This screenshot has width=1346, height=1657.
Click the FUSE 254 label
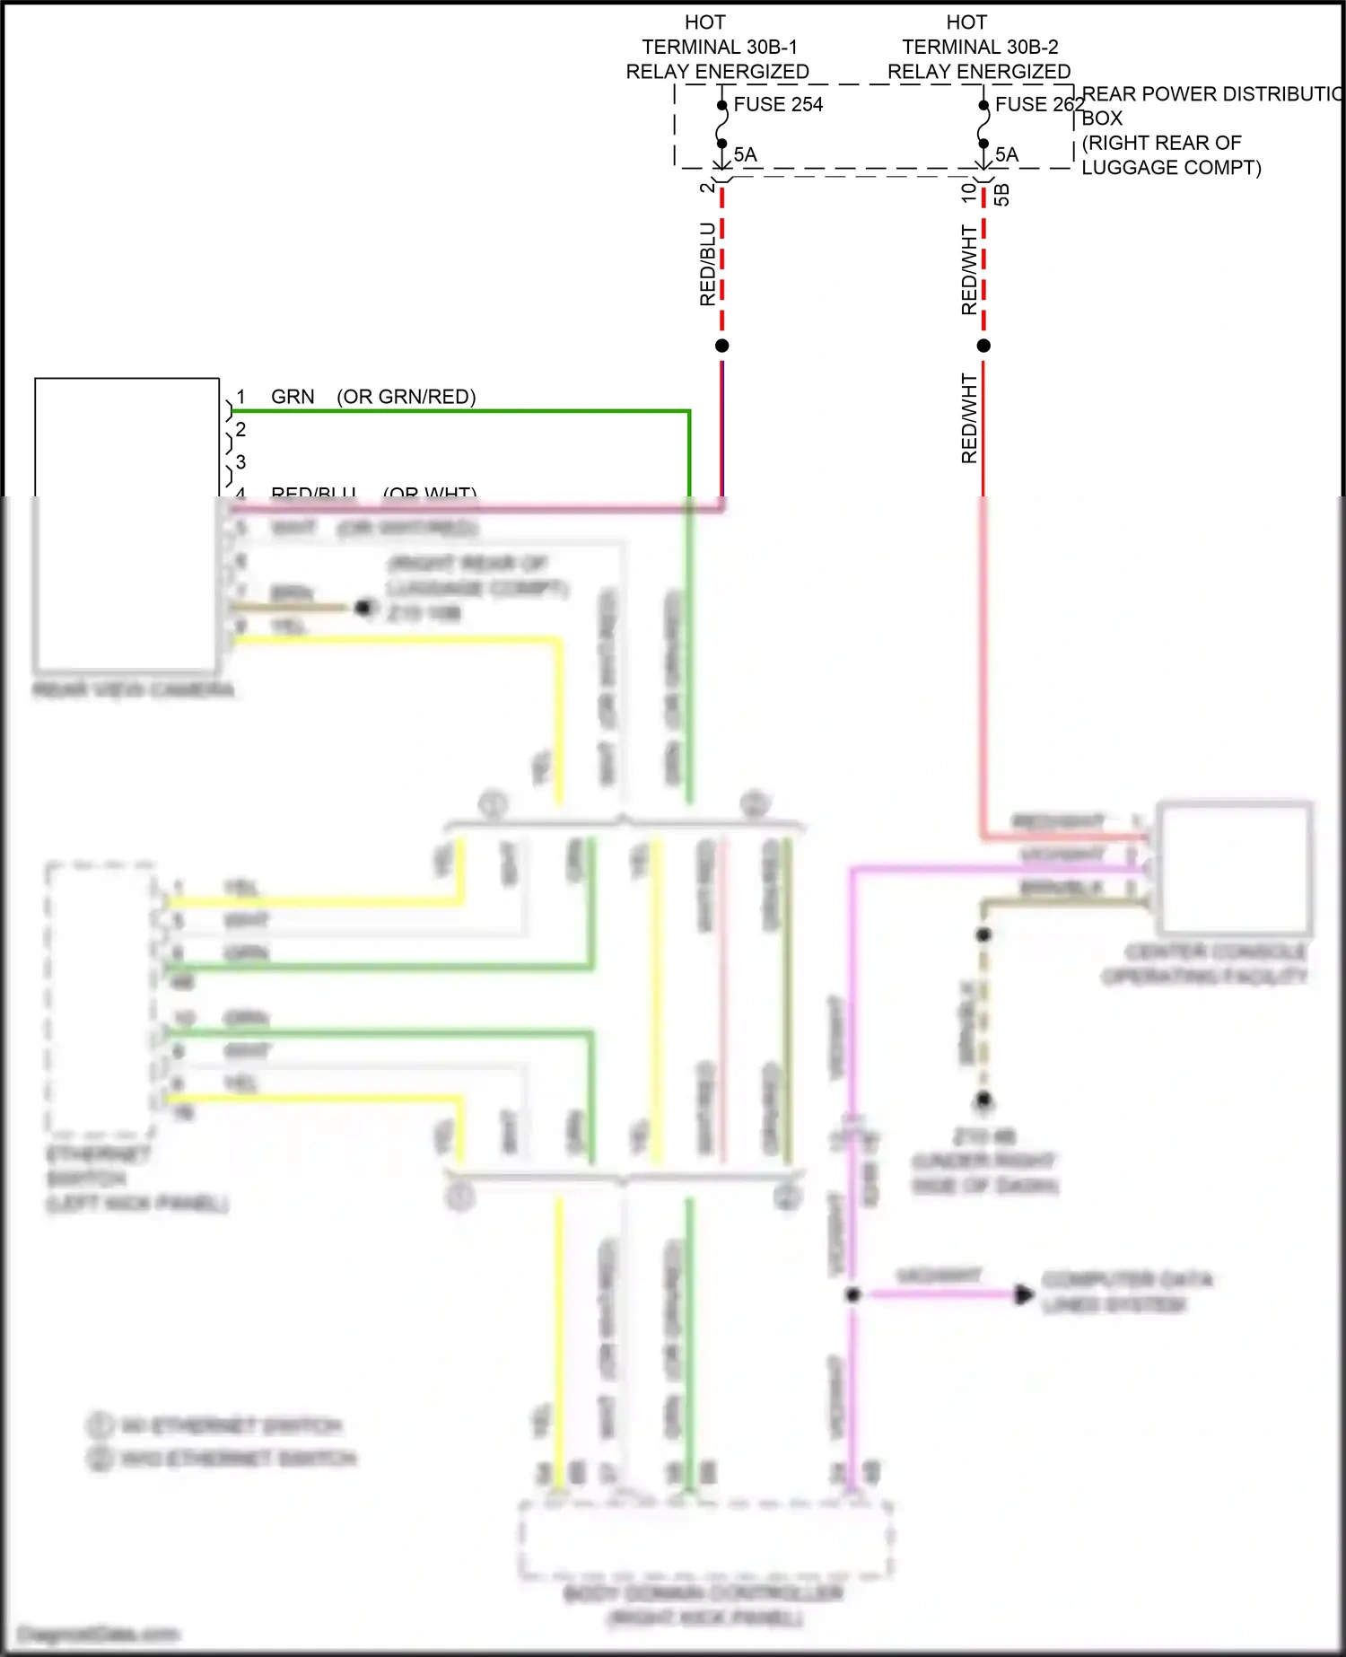point(777,104)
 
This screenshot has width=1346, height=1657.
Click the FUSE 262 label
point(1039,104)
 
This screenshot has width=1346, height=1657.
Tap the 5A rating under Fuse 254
point(745,154)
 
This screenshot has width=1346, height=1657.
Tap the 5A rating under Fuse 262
point(1007,154)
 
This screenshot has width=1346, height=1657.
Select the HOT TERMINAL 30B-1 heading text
point(718,47)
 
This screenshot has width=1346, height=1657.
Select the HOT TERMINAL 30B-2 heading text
point(979,47)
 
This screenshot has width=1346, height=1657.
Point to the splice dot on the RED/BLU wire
point(721,346)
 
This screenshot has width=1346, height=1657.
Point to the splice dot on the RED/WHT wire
point(983,346)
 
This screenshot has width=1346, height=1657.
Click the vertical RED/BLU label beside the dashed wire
point(707,264)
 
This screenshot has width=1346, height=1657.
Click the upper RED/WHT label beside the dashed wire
point(969,269)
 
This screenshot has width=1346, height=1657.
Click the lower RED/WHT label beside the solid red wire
point(969,418)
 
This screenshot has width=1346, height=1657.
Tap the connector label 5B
point(1002,195)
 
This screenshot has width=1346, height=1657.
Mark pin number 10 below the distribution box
point(968,191)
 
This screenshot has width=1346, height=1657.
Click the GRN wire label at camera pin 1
point(293,397)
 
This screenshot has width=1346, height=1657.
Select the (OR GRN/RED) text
point(406,397)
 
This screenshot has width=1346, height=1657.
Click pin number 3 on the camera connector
point(240,461)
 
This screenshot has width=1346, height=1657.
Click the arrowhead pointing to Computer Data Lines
point(1023,1294)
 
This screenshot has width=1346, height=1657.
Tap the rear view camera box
point(127,525)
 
